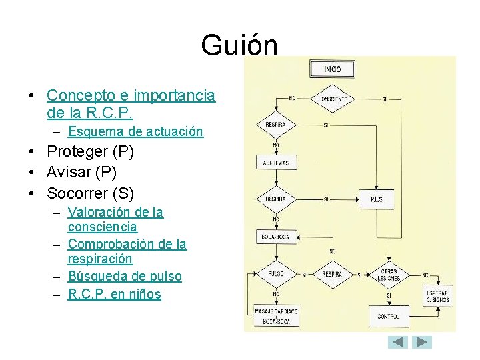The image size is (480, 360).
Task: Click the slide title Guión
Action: (x=239, y=45)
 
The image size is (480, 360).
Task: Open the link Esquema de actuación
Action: (x=135, y=132)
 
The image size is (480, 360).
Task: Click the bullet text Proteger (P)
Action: (x=90, y=152)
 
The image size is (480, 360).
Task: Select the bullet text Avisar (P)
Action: (x=81, y=173)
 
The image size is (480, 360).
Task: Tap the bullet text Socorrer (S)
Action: (x=90, y=194)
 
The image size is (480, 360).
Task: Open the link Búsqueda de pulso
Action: (x=125, y=276)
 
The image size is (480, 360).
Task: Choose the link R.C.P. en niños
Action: (x=115, y=294)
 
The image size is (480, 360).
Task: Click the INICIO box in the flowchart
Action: (x=332, y=69)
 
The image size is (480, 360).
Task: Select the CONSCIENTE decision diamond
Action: (x=332, y=99)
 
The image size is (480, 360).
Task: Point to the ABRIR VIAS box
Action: (x=276, y=162)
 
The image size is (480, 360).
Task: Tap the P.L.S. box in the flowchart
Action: (x=377, y=199)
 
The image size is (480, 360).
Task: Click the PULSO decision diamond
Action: (x=275, y=274)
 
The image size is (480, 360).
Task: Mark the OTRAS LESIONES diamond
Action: (x=389, y=275)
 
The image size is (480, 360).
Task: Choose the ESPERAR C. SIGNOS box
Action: (x=438, y=296)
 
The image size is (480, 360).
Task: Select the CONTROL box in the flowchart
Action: (x=388, y=316)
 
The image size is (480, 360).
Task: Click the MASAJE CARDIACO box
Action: (x=276, y=315)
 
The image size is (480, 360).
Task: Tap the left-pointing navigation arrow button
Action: (x=398, y=342)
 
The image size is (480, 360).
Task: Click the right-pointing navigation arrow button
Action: (x=422, y=342)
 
